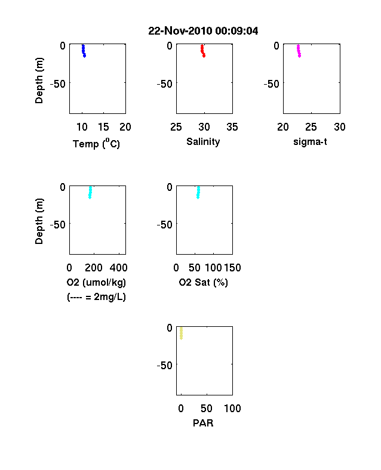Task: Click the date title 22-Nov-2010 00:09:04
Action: [x=203, y=31]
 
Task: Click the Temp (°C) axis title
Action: [x=96, y=144]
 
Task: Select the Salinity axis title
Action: [x=203, y=142]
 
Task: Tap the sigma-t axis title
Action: [x=310, y=142]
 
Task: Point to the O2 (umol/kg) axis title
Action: [x=96, y=282]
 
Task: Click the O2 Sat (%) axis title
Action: [x=204, y=282]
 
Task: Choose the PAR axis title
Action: [x=203, y=423]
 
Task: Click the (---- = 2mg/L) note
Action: [x=96, y=297]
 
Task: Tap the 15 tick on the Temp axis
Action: [x=103, y=127]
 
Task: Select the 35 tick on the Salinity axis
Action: [x=232, y=127]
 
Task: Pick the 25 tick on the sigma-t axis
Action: [x=311, y=127]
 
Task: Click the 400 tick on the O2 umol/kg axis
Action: [x=118, y=268]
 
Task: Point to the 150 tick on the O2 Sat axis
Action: [x=232, y=268]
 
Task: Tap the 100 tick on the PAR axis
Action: [x=232, y=408]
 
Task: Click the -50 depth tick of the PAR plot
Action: [x=164, y=366]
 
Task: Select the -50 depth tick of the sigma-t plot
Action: [x=272, y=84]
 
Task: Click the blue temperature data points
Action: [x=84, y=51]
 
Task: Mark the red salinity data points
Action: [x=203, y=51]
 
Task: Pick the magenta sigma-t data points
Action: [x=299, y=51]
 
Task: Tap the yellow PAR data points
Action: [x=181, y=333]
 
